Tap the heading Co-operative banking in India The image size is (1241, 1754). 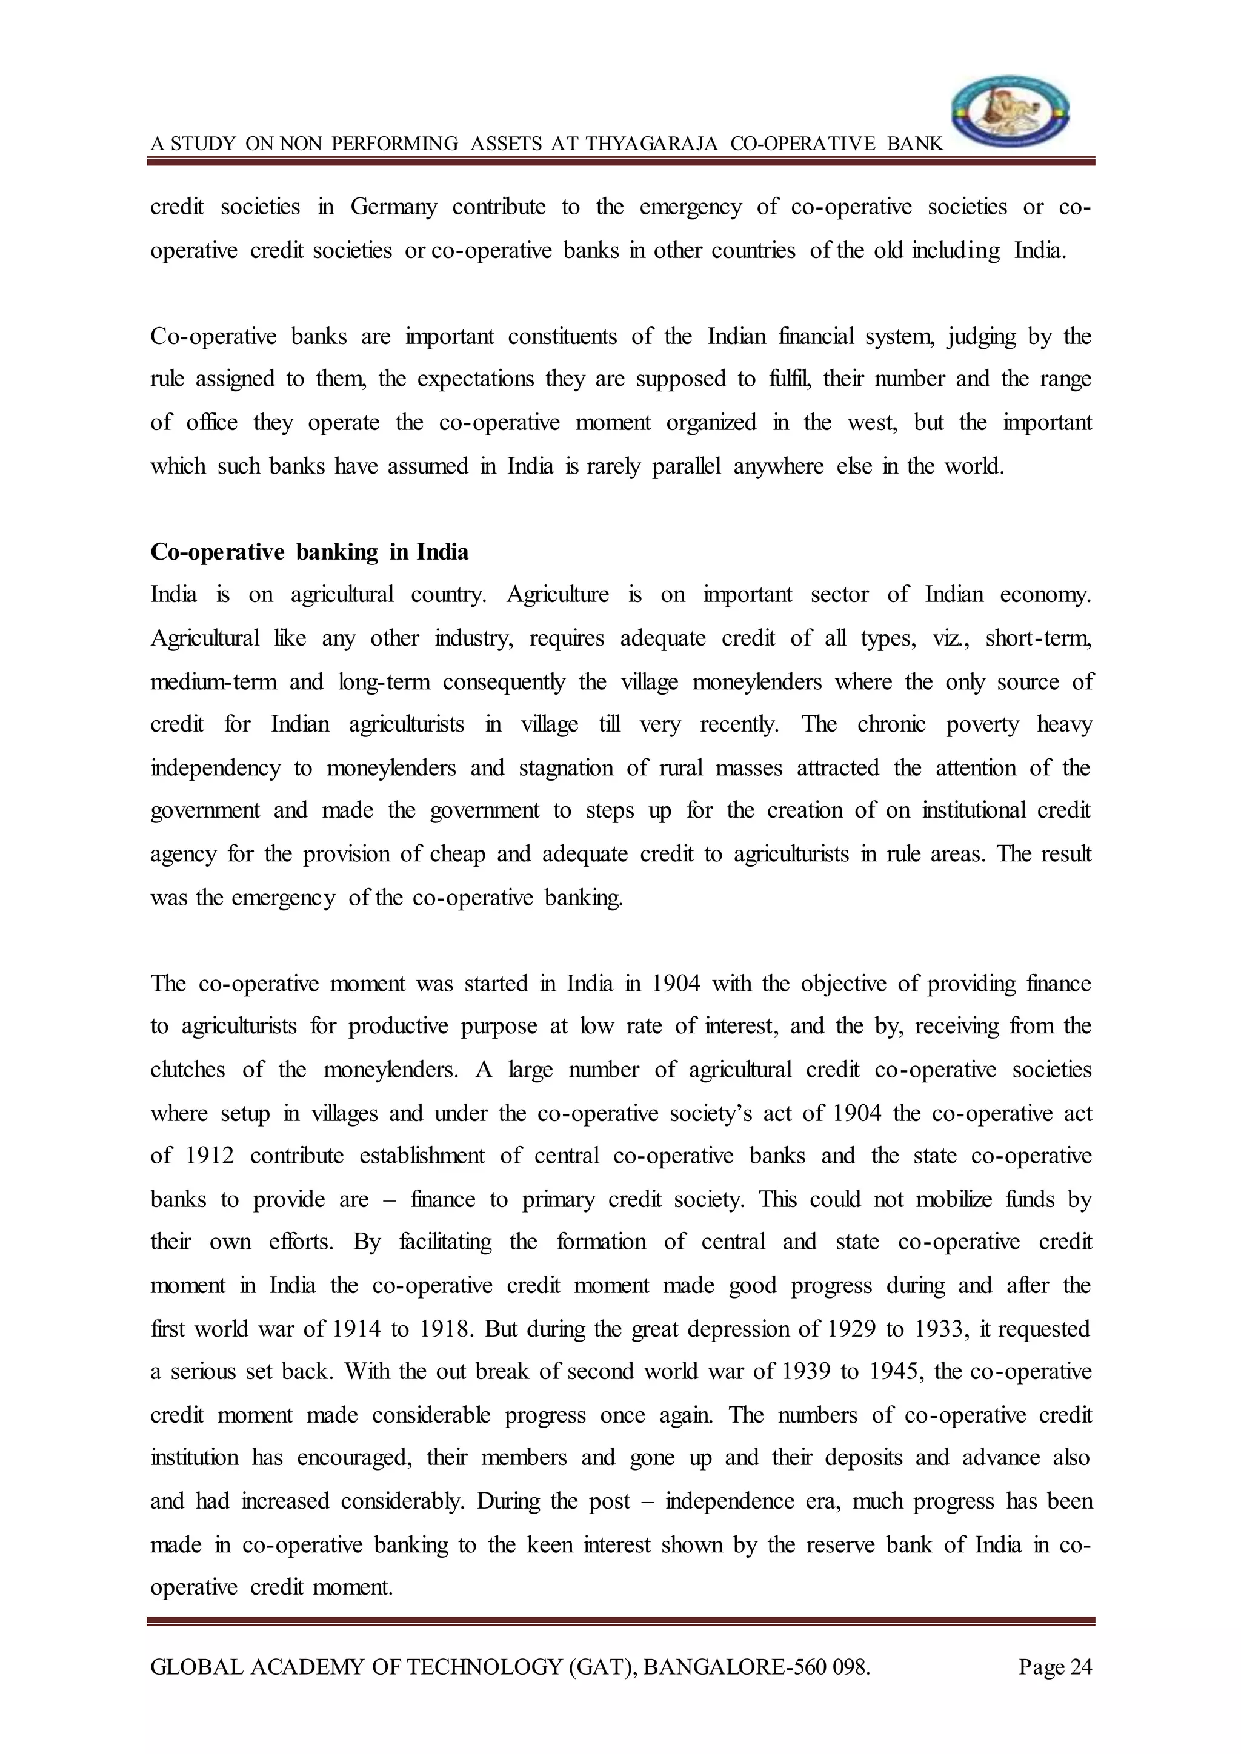coord(310,552)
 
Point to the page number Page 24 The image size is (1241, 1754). coord(1056,1666)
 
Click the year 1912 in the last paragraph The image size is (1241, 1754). coord(210,1156)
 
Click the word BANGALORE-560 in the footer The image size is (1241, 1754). coord(735,1666)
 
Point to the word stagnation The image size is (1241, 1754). coord(565,768)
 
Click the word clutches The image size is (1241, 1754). coord(187,1070)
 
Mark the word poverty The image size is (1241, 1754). coord(982,724)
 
